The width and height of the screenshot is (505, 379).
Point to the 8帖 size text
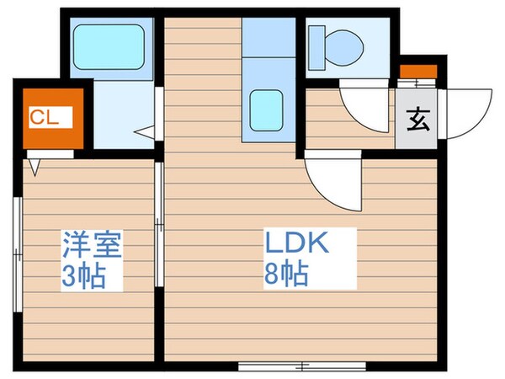(x=285, y=275)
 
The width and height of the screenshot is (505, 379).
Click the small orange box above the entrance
(x=417, y=72)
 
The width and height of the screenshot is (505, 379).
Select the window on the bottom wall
(x=301, y=365)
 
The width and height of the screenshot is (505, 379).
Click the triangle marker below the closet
(x=35, y=166)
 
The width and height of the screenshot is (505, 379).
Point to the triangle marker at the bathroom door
(x=146, y=131)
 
